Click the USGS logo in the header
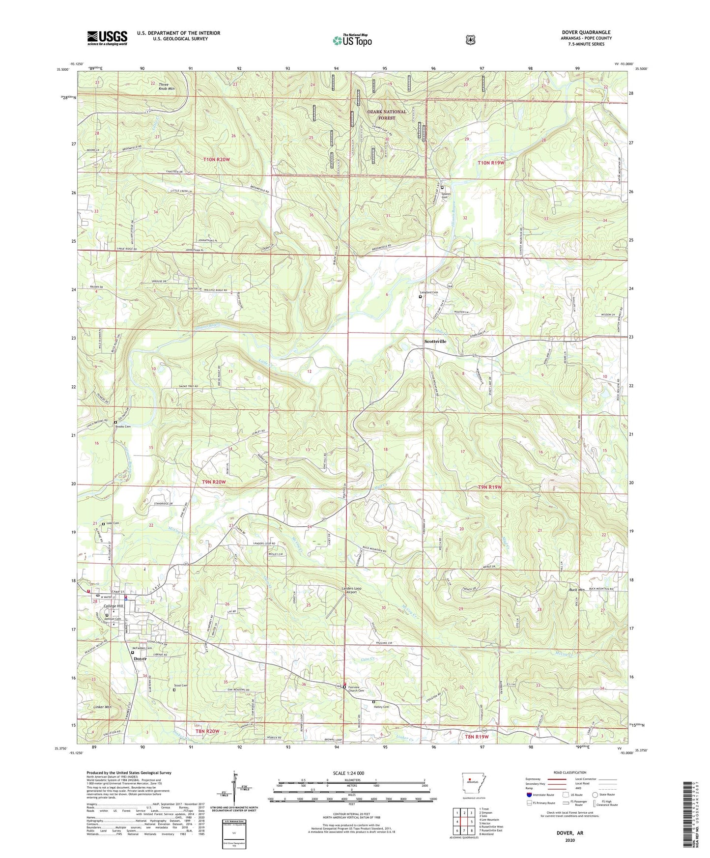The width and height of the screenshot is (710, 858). [x=107, y=38]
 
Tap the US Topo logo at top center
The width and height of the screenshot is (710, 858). [x=351, y=40]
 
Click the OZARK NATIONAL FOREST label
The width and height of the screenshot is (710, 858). [x=387, y=114]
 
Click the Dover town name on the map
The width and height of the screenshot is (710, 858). [x=140, y=659]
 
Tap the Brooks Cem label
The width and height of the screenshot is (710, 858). [x=123, y=427]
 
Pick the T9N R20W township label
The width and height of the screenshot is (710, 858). [x=214, y=482]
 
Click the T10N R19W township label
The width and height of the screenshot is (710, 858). [x=491, y=163]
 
